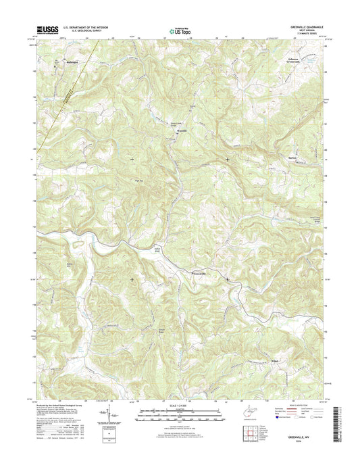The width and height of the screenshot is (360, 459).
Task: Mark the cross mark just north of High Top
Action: click(131, 159)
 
